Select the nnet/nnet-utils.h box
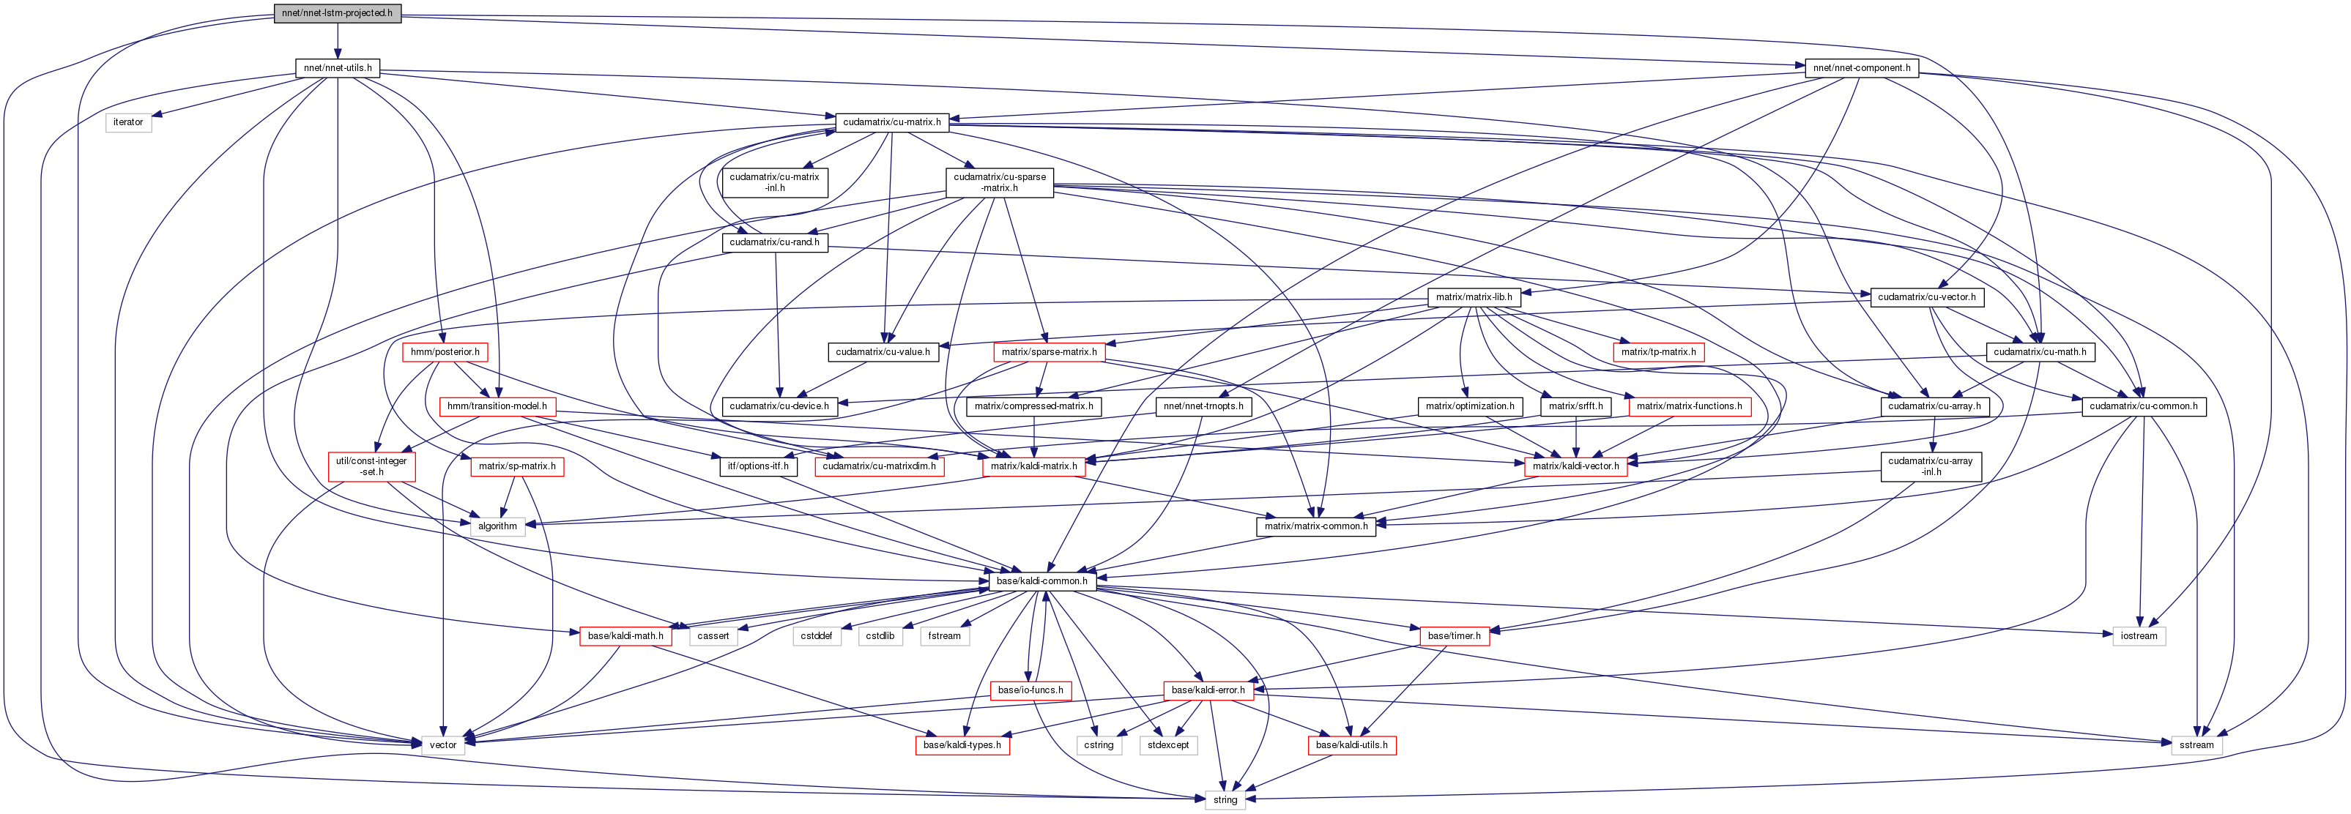338,67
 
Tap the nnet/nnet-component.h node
1861,67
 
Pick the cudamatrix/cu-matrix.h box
891,122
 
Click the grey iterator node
127,122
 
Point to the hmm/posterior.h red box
445,351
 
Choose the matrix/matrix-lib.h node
1473,296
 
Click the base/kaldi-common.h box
1041,580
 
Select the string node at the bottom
1225,799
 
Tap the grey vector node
444,744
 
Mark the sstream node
2196,744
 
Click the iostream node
2139,635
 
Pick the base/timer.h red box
1454,635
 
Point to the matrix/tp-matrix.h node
1658,351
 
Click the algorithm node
497,526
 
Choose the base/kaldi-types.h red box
962,744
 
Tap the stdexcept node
1168,744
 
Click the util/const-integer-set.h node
371,466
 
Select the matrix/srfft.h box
1576,406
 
